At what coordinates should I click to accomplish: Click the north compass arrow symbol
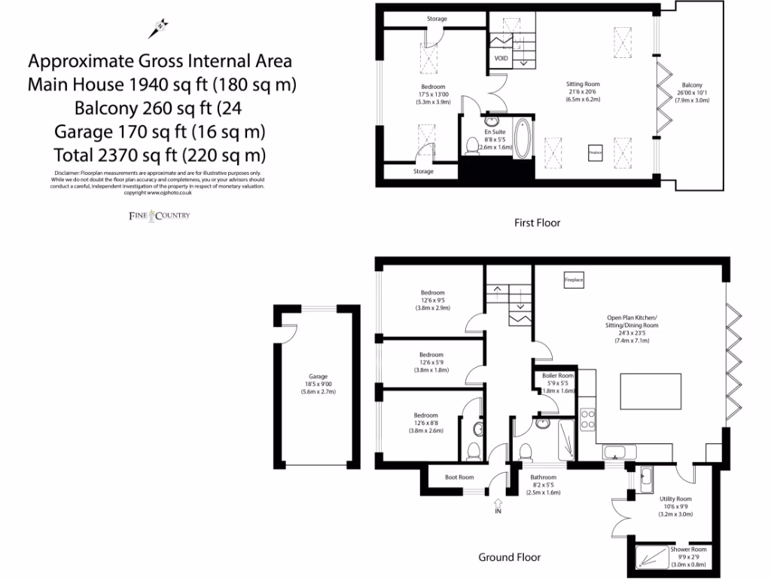(158, 28)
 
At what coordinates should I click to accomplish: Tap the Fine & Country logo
(157, 216)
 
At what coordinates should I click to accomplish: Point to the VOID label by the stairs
(501, 58)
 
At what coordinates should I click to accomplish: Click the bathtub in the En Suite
(523, 138)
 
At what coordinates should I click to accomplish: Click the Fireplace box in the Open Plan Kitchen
(574, 280)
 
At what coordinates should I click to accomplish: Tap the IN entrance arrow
(497, 507)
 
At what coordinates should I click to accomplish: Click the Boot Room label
(459, 477)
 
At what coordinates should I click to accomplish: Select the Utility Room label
(675, 499)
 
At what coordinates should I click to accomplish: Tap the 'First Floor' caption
(537, 222)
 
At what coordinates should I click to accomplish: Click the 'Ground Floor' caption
(509, 558)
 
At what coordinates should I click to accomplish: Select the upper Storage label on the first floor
(437, 19)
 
